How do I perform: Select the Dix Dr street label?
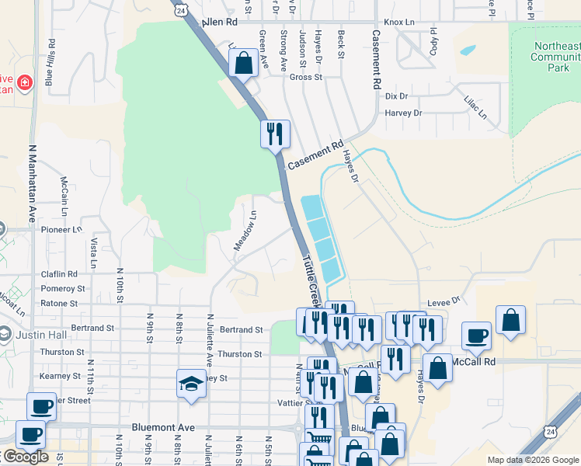point(396,96)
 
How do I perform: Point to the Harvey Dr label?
point(403,113)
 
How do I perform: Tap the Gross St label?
point(305,77)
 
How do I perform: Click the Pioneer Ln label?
point(61,230)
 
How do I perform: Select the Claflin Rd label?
point(61,274)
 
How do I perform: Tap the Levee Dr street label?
point(444,301)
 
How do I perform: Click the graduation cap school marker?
point(190,384)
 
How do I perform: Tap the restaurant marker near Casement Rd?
point(275,134)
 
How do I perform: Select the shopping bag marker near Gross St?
point(244,64)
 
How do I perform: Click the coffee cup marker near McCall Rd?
point(476,336)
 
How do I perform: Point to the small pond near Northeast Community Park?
point(468,50)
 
